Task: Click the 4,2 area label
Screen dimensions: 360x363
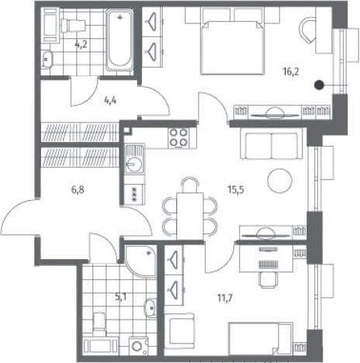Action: (81, 44)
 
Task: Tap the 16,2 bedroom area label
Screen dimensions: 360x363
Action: (291, 71)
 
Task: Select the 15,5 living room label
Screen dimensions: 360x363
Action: (236, 190)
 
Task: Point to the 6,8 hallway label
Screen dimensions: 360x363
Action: (78, 190)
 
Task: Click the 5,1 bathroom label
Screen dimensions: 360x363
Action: (120, 297)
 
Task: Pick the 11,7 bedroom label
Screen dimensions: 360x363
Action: (225, 299)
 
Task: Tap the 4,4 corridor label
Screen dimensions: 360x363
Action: (110, 100)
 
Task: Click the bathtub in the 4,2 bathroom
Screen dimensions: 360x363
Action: (119, 40)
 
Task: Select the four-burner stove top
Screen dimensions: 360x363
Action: (178, 139)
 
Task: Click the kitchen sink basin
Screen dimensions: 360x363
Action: (133, 164)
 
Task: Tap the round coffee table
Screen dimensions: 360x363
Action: (280, 181)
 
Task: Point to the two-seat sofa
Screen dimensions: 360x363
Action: (272, 145)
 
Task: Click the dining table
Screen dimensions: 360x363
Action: (190, 216)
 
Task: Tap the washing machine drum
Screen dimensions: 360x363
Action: (137, 346)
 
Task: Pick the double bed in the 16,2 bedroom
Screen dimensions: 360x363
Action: (233, 48)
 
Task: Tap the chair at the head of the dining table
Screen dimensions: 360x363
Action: (190, 185)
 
